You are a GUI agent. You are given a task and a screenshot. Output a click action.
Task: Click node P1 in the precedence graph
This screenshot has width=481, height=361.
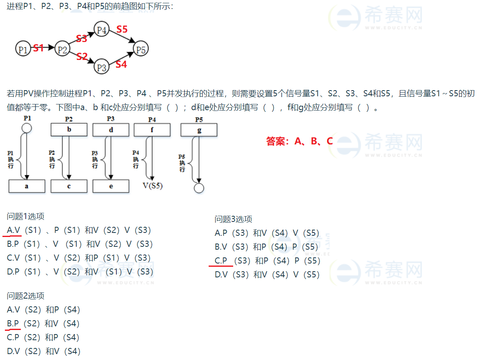click(22, 49)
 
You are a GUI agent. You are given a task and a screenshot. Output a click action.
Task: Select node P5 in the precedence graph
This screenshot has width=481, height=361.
click(141, 49)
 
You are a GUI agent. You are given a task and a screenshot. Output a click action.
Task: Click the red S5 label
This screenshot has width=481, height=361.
click(122, 29)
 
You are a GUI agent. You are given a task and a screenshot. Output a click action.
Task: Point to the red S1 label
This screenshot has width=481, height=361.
click(38, 48)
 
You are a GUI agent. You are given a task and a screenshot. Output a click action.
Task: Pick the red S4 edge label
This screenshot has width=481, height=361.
click(121, 64)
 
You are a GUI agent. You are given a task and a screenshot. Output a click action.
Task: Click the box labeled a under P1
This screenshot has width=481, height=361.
click(27, 186)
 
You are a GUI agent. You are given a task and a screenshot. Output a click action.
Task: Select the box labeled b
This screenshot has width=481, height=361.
click(69, 130)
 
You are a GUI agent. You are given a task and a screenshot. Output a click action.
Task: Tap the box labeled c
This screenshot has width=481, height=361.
click(69, 186)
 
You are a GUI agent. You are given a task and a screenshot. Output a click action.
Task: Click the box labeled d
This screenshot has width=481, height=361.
click(111, 130)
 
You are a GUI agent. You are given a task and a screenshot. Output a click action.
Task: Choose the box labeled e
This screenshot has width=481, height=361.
click(111, 186)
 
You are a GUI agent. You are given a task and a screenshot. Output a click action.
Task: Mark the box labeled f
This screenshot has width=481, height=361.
click(152, 130)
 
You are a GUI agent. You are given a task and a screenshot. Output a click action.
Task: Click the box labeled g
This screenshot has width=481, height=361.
click(199, 130)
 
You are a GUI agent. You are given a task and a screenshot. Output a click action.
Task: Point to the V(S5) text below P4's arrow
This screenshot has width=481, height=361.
click(152, 186)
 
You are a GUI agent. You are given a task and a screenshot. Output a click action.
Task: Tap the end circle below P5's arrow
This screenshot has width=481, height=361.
click(199, 188)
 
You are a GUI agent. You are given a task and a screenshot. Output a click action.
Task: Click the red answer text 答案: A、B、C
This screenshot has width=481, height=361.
click(299, 141)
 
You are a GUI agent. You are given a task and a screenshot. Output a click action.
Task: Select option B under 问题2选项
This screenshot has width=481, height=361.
click(43, 323)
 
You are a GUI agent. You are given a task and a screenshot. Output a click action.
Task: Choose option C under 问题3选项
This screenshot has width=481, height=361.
click(267, 261)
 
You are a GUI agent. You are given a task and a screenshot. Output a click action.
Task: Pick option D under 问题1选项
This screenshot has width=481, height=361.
click(80, 272)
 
